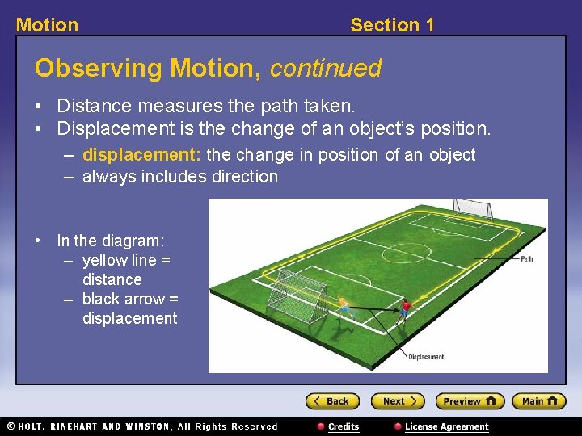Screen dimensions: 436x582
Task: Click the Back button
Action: click(x=332, y=401)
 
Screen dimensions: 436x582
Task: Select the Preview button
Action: click(x=469, y=401)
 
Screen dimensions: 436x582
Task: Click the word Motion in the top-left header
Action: click(x=47, y=25)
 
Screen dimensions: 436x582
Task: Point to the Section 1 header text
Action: click(x=392, y=25)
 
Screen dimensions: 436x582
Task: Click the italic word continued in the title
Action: click(x=325, y=69)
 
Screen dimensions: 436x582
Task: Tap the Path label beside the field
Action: click(x=526, y=259)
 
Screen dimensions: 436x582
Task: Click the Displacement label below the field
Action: click(x=425, y=357)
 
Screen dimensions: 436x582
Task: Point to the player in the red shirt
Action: click(x=405, y=308)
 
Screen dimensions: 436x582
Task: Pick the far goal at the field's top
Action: click(x=471, y=208)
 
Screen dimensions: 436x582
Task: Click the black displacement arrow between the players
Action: click(x=374, y=308)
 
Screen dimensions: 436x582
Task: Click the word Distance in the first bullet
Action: click(x=90, y=106)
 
